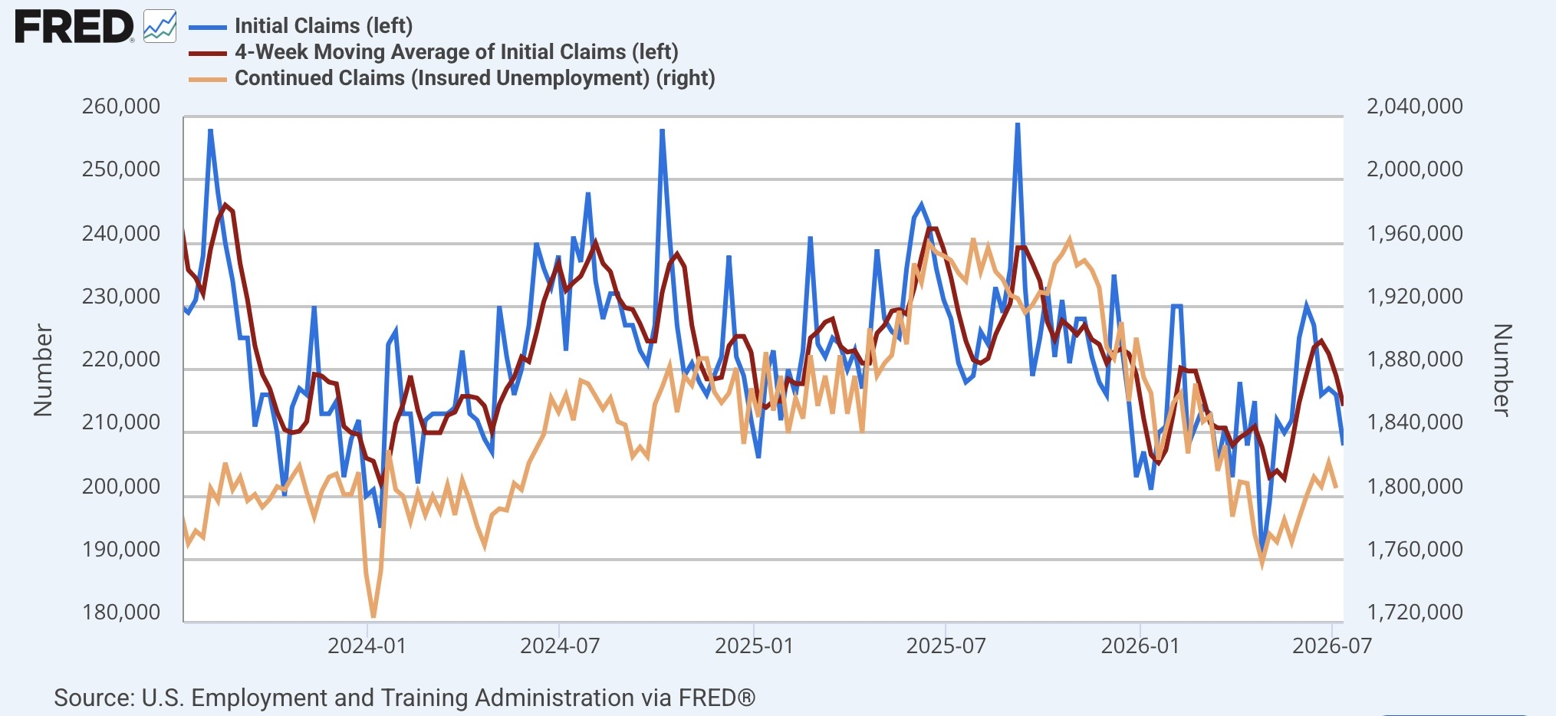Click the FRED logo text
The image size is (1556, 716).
pos(74,28)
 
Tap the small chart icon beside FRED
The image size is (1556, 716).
pos(160,27)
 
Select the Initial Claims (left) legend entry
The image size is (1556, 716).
pos(301,26)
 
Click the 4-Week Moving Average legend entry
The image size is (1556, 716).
pos(433,52)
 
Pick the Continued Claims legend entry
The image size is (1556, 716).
pos(452,78)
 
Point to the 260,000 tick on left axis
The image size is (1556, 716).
pos(121,106)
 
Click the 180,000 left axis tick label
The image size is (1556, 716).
pos(121,612)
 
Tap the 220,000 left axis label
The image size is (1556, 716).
pos(121,359)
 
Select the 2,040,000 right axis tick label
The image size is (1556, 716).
pos(1415,106)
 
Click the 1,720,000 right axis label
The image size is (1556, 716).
pos(1415,612)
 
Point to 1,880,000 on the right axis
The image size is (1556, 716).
pos(1415,359)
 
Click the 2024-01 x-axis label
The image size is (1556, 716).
pos(367,645)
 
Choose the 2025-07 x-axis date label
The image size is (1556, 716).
pos(946,645)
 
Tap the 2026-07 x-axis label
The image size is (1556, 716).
pos(1332,645)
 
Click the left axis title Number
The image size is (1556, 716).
pos(43,369)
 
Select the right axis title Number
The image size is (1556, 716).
pos(1502,369)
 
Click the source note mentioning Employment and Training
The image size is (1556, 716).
pos(404,698)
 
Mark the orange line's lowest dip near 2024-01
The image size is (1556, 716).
pos(373,616)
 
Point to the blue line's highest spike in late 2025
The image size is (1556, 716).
pos(1017,124)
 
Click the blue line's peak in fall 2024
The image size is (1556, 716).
pos(662,131)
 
